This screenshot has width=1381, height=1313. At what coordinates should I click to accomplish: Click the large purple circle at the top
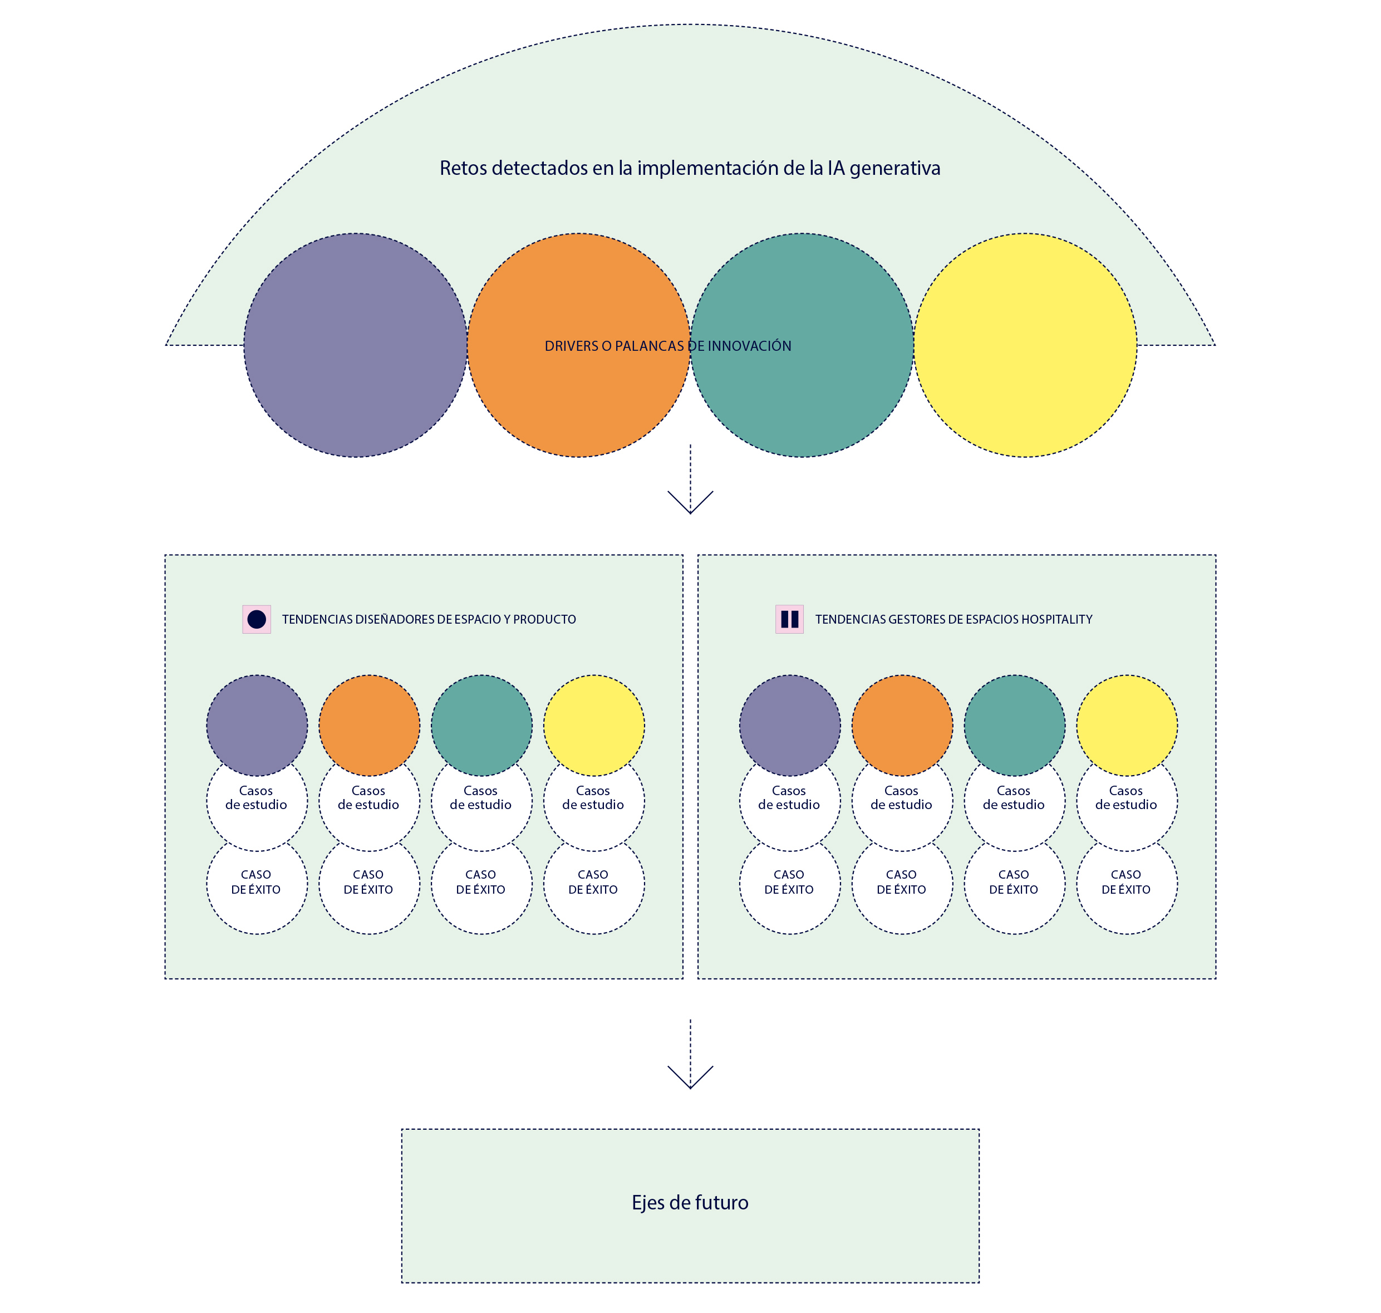(355, 345)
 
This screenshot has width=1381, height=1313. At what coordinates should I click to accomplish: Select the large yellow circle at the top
(1025, 345)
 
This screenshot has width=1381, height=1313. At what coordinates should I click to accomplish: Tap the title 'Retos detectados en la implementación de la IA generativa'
(690, 168)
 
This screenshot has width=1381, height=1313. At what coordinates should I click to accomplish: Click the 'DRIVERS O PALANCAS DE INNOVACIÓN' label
(668, 346)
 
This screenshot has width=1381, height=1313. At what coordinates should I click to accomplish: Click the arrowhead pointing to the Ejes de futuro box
(690, 1078)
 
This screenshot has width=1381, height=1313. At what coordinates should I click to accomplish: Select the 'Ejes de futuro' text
(690, 1202)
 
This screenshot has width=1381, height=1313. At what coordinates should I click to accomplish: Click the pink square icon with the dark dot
(257, 619)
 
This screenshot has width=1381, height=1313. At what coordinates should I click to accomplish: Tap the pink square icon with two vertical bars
(790, 619)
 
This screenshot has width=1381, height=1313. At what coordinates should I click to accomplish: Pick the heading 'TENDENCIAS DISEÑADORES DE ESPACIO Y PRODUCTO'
(429, 619)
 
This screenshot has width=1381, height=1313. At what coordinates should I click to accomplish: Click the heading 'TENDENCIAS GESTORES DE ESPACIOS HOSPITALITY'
(954, 619)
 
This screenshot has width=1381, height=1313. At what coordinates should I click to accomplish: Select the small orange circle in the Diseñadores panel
(370, 725)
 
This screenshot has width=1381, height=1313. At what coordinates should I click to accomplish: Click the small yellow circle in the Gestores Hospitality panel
(1127, 725)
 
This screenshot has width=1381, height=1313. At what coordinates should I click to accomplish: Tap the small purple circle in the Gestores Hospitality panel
(790, 725)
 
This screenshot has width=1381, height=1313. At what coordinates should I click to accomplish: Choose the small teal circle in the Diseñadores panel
(481, 725)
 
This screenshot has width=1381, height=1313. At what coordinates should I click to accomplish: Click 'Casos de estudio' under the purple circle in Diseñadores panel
(256, 798)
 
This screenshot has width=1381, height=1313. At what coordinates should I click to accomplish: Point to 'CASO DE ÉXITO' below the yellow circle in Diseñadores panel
(593, 882)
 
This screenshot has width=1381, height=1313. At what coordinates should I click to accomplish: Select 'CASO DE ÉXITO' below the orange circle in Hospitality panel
(901, 882)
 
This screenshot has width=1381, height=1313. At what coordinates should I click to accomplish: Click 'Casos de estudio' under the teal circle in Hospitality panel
(1014, 798)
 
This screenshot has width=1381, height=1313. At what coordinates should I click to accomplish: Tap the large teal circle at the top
(802, 345)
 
